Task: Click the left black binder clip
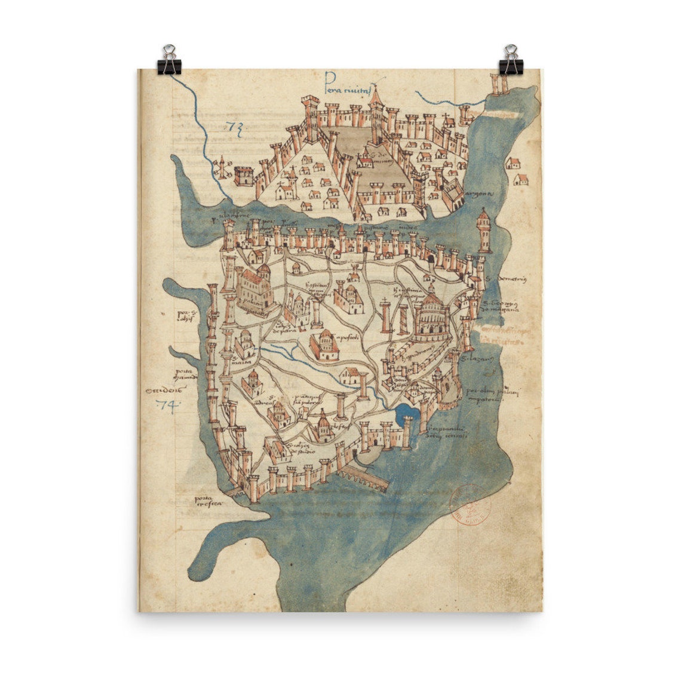pos(169,60)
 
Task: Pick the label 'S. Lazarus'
pos(483,358)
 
